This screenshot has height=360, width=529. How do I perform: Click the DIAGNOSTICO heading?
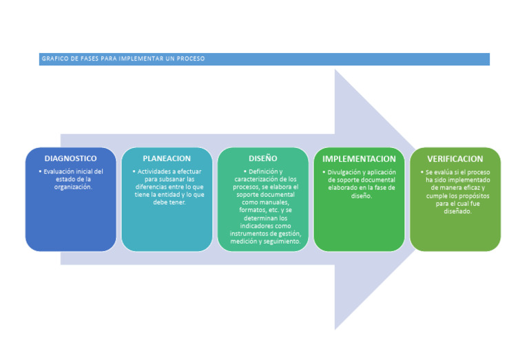click(70, 158)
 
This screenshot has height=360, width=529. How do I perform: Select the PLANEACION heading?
click(167, 158)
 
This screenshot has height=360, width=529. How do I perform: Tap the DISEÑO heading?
click(262, 158)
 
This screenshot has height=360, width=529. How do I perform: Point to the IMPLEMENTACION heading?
click(359, 159)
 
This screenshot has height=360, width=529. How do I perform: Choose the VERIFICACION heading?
click(455, 159)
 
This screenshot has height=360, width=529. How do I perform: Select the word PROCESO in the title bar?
click(190, 59)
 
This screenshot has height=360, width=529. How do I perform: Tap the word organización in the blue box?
click(73, 187)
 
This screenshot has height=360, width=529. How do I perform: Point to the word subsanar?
click(167, 179)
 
